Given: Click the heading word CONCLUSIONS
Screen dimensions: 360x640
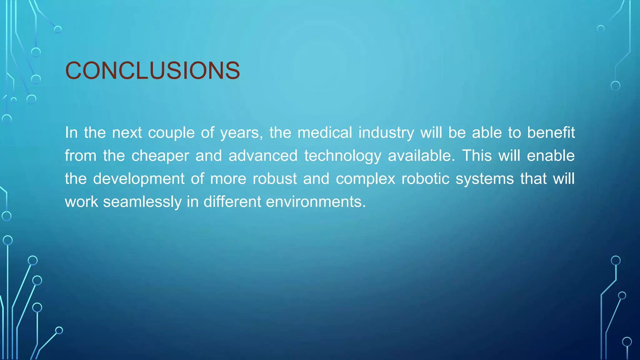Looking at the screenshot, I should [152, 70].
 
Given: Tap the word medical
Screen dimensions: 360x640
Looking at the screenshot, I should [325, 132].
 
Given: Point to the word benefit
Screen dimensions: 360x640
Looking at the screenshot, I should [551, 132].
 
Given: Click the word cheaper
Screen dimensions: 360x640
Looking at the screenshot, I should [160, 156].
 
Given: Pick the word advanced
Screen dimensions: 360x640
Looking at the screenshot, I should [263, 156].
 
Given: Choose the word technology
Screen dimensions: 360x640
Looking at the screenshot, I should [343, 156].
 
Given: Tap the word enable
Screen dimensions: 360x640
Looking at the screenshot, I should [551, 156].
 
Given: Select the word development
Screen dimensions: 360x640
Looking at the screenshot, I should [139, 179].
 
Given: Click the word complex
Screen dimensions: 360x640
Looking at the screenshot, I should [366, 179].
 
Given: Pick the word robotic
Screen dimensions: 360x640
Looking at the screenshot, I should [425, 179].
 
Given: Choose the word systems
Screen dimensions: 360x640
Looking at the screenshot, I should [485, 179].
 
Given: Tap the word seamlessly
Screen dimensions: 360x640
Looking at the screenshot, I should [142, 202].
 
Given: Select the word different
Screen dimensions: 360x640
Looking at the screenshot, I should [232, 202].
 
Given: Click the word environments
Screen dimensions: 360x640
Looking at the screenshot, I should [316, 202].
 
